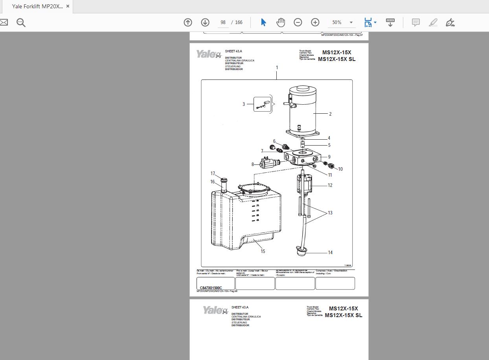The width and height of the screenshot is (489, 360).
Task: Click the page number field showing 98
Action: point(223,22)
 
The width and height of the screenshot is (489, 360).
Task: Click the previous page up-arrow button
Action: point(188,22)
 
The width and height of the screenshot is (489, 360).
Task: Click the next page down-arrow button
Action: point(205,22)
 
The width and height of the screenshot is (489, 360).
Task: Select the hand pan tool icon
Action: point(280,22)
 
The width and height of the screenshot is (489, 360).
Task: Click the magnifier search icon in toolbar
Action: point(21,22)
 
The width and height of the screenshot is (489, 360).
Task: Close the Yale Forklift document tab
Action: point(68,6)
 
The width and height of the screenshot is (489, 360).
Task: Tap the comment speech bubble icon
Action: point(415,22)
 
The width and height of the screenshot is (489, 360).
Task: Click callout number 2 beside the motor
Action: point(330,114)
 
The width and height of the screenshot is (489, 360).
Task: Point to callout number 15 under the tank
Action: point(263,251)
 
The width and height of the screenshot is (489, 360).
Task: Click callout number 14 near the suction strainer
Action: point(330,253)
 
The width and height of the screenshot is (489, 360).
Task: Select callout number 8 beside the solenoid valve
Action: point(253,164)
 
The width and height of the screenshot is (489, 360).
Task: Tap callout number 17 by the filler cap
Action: point(213,174)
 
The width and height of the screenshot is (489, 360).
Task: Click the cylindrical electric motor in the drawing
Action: point(303,112)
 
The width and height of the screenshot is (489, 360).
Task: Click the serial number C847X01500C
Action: point(211,288)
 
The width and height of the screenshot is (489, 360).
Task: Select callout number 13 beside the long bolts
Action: point(330,213)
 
